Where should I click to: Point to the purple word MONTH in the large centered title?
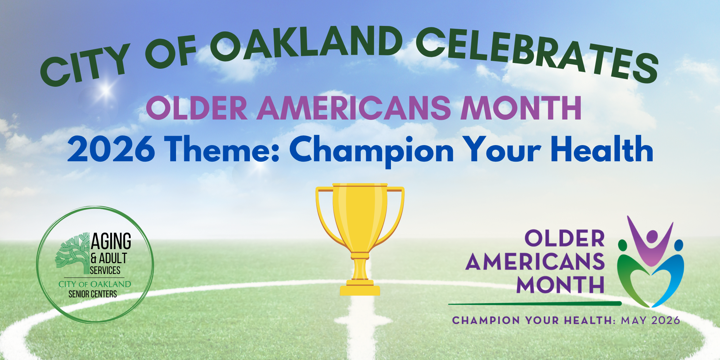tap(521, 108)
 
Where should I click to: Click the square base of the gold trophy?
tap(360, 290)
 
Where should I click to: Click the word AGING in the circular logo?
tap(111, 241)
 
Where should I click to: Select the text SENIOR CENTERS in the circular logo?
tap(93, 294)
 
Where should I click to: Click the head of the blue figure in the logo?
tap(679, 245)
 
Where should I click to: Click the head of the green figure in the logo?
tap(623, 245)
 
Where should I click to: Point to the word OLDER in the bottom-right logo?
tap(564, 238)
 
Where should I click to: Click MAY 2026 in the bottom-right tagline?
tap(650, 320)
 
